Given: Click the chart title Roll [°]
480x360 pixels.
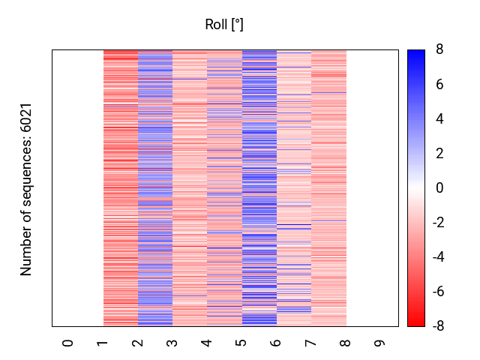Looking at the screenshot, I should click(x=224, y=25).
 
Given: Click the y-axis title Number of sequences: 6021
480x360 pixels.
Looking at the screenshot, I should click(x=27, y=188).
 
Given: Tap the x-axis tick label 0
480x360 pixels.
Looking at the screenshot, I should click(x=68, y=343).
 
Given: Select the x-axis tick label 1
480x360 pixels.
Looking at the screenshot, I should click(x=103, y=343).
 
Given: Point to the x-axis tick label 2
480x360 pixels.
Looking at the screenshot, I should click(x=138, y=343).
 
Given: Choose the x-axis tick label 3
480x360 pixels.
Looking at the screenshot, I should click(x=172, y=343).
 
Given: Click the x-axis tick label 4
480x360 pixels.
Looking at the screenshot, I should click(x=207, y=343).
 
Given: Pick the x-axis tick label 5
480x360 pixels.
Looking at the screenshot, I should click(x=241, y=343).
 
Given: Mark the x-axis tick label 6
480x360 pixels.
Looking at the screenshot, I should click(x=277, y=343).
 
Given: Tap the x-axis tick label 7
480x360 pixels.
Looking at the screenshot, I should click(x=311, y=343).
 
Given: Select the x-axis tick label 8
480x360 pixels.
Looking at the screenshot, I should click(x=346, y=343).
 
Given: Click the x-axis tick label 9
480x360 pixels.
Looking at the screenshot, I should click(x=380, y=343).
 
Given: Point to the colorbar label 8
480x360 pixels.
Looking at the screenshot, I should click(x=439, y=50).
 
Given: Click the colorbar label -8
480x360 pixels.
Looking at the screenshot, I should click(x=437, y=326).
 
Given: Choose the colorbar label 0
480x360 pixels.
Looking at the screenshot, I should click(x=439, y=188).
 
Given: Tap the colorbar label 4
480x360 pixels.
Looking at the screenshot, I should click(x=439, y=119).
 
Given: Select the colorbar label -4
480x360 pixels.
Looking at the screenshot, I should click(x=437, y=257).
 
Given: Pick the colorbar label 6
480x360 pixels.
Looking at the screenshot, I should click(x=439, y=85).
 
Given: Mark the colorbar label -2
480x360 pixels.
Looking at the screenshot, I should click(x=437, y=223).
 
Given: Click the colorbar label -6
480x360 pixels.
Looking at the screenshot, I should click(x=437, y=292).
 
